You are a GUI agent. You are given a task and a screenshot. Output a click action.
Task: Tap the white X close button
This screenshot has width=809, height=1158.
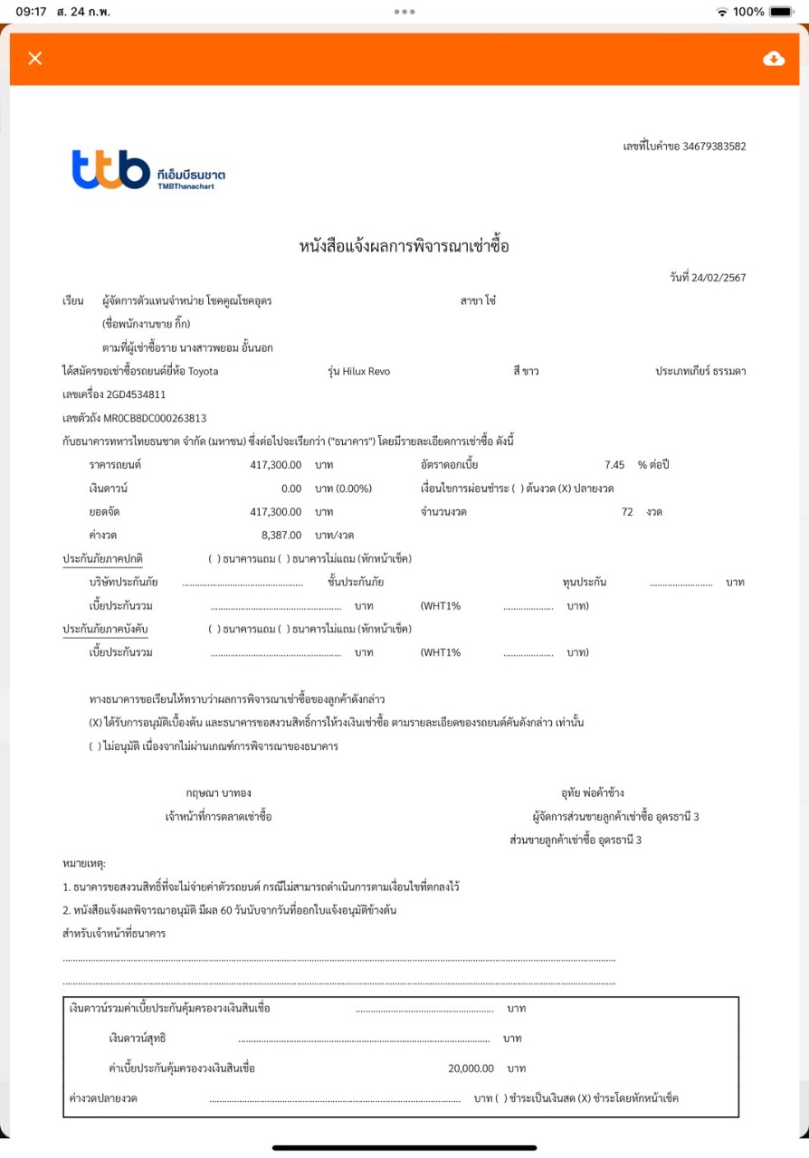pyautogui.click(x=35, y=59)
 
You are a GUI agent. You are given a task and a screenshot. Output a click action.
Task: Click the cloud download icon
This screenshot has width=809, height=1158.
pyautogui.click(x=774, y=59)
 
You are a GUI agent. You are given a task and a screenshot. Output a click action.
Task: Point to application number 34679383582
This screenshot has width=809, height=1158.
pyautogui.click(x=714, y=147)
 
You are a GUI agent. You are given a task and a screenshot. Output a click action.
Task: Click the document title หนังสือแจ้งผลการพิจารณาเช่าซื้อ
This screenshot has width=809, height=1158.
pyautogui.click(x=404, y=246)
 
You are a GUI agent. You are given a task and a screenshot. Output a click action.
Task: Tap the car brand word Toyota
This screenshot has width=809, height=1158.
pyautogui.click(x=203, y=371)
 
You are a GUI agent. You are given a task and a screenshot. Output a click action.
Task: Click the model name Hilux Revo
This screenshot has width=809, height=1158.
pyautogui.click(x=366, y=371)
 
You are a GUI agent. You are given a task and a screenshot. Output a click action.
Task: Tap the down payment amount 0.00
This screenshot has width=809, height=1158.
pyautogui.click(x=288, y=489)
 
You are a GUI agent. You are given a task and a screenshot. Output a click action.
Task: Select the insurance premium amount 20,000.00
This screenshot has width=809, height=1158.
pyautogui.click(x=471, y=1068)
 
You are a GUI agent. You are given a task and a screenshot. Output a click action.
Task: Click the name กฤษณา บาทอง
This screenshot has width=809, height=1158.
pyautogui.click(x=218, y=793)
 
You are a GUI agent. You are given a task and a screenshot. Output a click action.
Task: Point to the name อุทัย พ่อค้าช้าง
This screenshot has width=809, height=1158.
pyautogui.click(x=592, y=793)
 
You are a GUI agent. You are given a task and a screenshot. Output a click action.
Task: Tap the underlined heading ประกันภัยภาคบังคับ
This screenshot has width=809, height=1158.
pyautogui.click(x=105, y=629)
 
